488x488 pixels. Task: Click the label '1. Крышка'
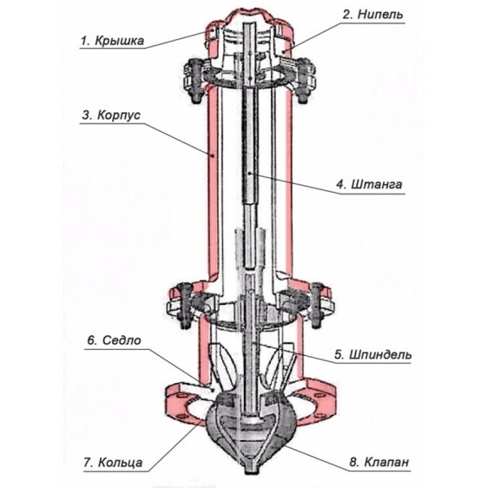pos(112,41)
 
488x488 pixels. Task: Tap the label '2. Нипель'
pos(373,15)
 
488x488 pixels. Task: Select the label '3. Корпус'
pos(111,115)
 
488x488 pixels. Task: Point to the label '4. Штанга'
pos(369,185)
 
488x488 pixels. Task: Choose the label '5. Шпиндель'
pos(373,355)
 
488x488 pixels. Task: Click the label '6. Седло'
pos(114,340)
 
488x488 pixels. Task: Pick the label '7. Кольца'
pos(113,463)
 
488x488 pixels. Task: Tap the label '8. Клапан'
pos(378,462)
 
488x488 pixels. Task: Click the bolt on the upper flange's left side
pos(195,82)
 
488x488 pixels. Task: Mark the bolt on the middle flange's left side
pos(185,306)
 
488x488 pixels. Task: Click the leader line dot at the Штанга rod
pos(250,172)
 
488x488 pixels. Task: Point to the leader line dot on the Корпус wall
pos(211,155)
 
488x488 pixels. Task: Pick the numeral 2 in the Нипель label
pos(346,15)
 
